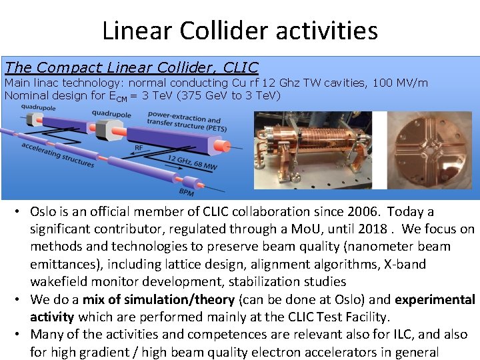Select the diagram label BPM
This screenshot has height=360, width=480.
click(187, 192)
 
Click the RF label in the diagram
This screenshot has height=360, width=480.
click(139, 148)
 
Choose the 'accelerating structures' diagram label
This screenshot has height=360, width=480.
click(58, 155)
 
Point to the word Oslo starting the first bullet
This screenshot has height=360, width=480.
click(43, 211)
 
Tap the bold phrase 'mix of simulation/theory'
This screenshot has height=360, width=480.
click(159, 299)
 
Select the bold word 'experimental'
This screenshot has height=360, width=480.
click(433, 299)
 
